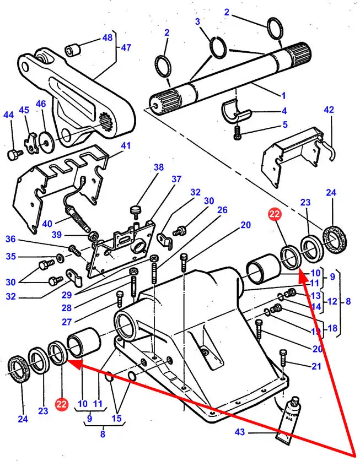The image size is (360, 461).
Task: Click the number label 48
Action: (x=107, y=38)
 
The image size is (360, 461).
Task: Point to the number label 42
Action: (x=329, y=110)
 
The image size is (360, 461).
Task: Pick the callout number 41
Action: (x=126, y=146)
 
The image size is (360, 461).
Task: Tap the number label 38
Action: (x=159, y=167)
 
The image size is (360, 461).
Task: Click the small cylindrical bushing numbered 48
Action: (x=72, y=50)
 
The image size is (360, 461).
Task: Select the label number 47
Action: (x=126, y=47)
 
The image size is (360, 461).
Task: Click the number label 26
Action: (x=222, y=210)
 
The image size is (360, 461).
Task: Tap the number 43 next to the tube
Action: (x=240, y=432)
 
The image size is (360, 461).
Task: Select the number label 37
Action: (x=176, y=179)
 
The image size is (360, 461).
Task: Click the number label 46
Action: (x=41, y=104)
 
